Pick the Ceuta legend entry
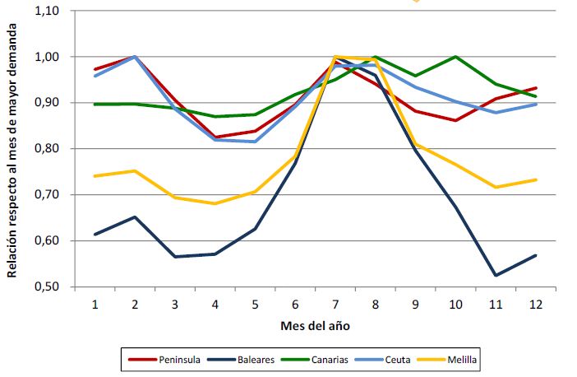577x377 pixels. point(394,360)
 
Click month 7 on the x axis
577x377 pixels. point(335,304)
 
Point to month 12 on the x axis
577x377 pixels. point(536,304)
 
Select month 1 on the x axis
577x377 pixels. point(95,304)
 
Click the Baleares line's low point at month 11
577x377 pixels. point(496,275)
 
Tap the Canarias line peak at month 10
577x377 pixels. point(455,57)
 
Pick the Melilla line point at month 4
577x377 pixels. point(215,203)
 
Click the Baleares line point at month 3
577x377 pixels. point(174,257)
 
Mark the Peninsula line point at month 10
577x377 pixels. point(455,121)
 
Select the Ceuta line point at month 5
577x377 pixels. point(255,142)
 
